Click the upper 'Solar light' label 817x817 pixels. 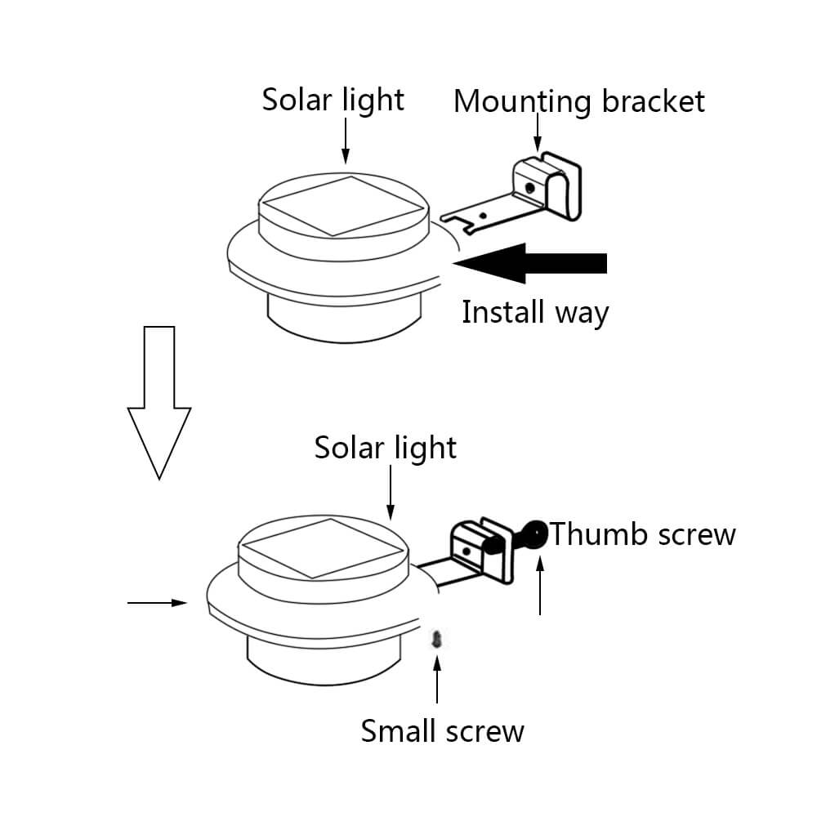point(333,100)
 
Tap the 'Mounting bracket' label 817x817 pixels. point(578,102)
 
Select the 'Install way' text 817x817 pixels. point(535,312)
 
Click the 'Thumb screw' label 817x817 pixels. point(643,534)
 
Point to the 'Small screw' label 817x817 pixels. point(442,730)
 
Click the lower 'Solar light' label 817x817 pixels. point(386,448)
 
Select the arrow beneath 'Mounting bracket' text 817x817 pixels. point(538,132)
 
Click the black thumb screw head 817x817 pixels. point(536,536)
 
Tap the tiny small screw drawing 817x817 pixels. point(438,637)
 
